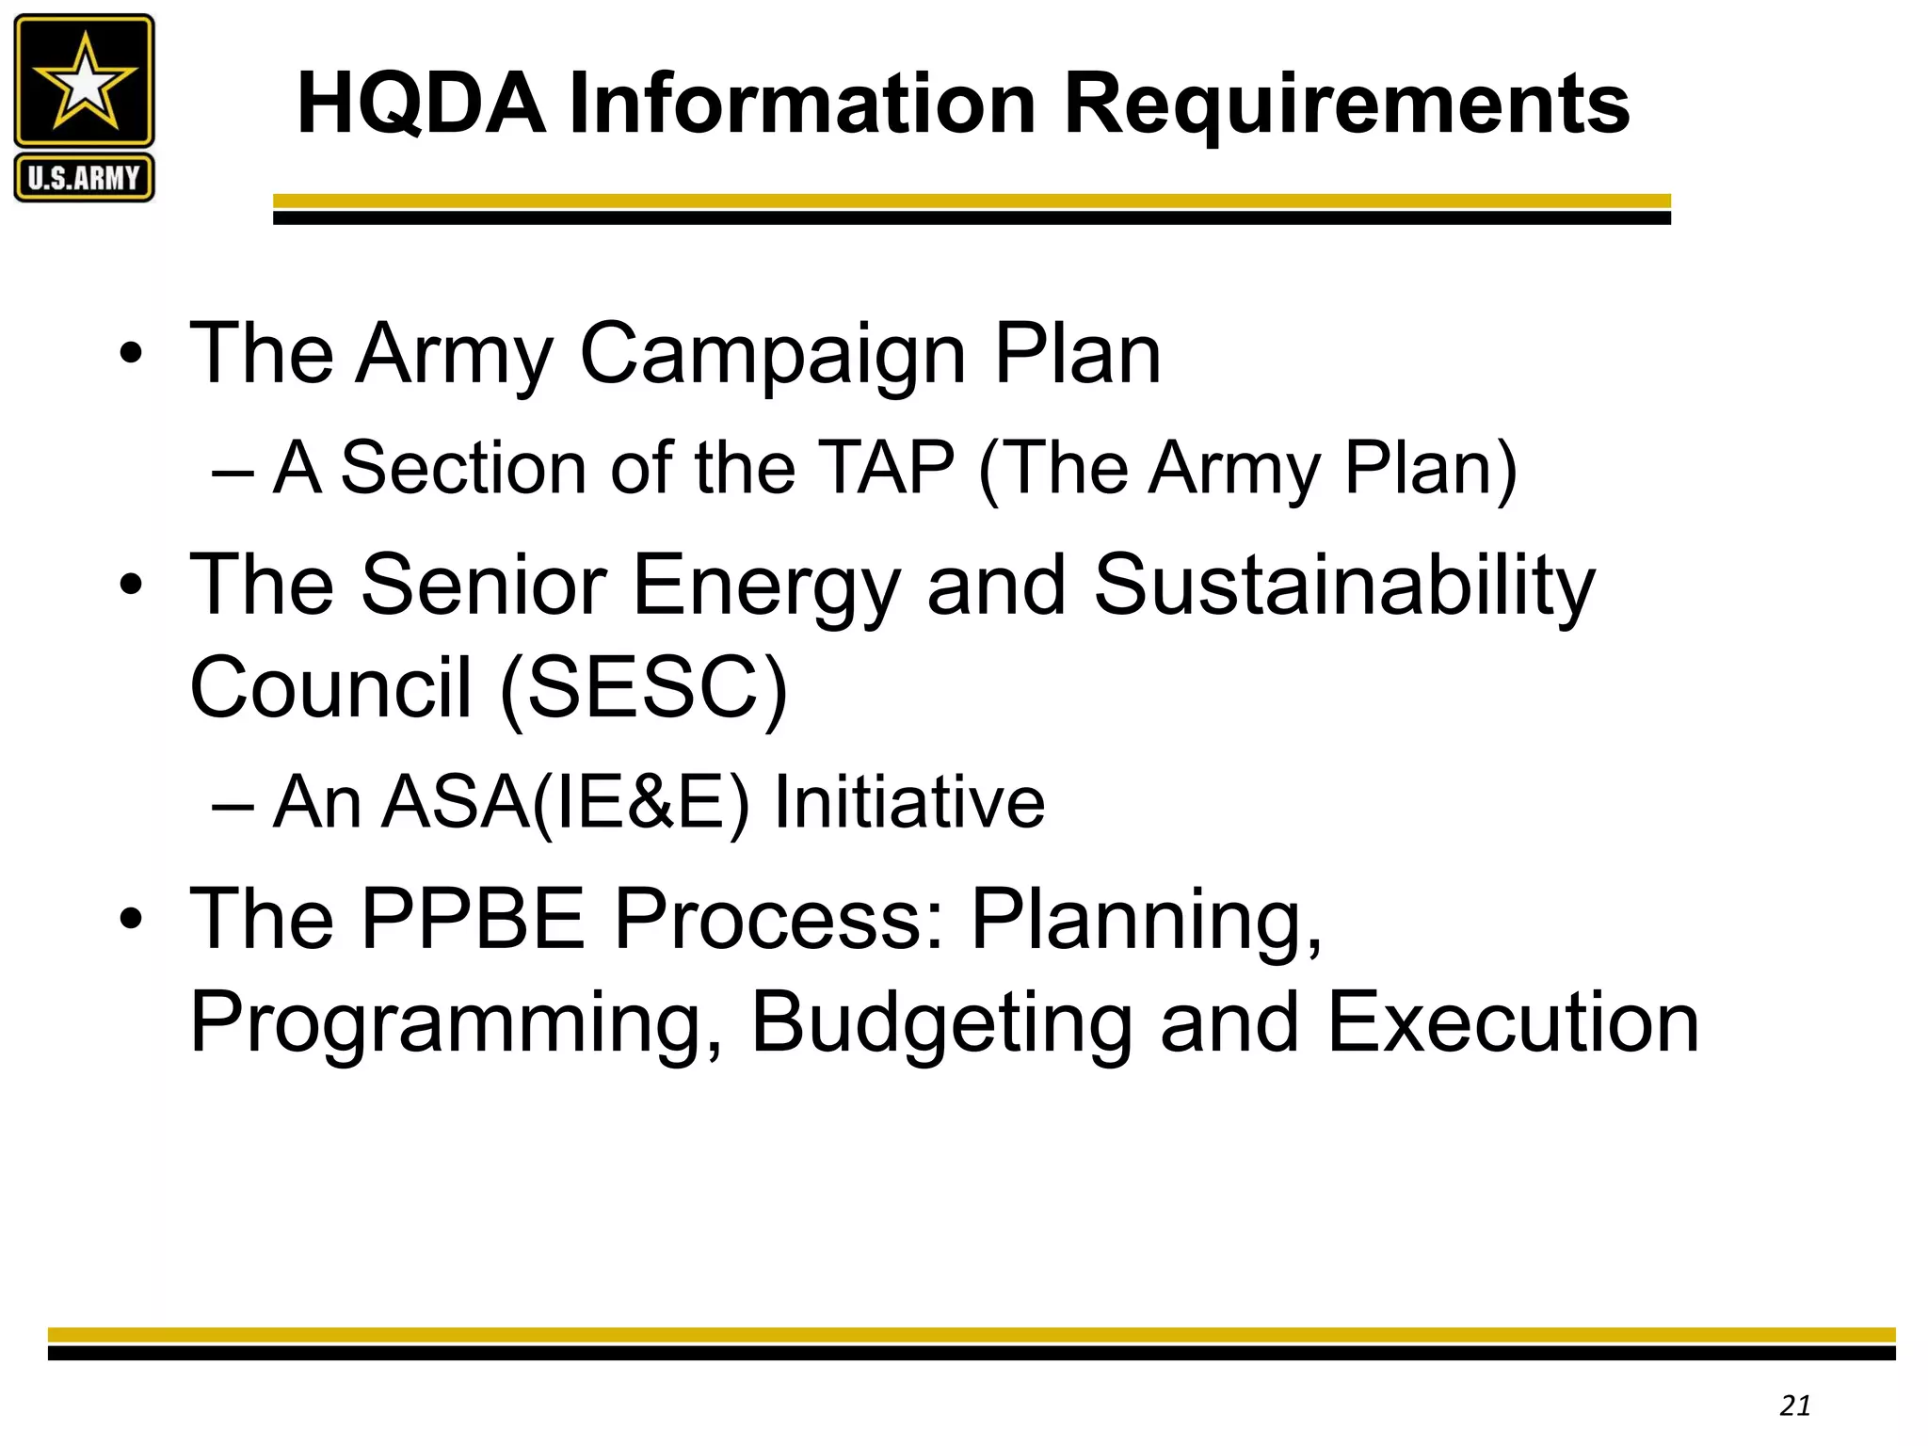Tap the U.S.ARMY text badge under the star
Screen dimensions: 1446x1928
click(84, 177)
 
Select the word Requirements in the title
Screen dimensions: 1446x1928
click(1346, 105)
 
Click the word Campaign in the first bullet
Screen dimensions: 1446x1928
click(773, 356)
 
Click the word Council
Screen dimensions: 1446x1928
click(330, 687)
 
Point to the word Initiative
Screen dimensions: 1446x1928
click(908, 802)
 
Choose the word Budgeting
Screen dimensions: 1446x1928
click(941, 1024)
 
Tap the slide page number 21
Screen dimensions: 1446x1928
click(1795, 1406)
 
